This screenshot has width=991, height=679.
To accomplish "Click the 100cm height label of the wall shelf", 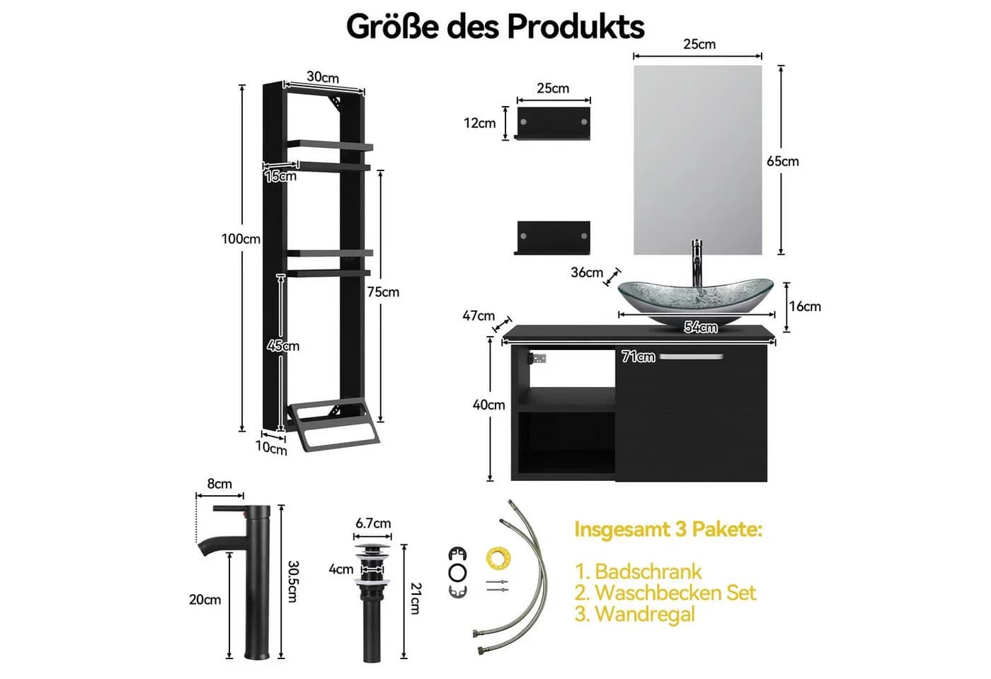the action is tap(241, 239).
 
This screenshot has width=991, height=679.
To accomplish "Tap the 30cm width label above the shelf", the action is tap(323, 77).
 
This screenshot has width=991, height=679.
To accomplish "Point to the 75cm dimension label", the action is tap(383, 292).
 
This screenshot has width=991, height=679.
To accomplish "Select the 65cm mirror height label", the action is tap(783, 161).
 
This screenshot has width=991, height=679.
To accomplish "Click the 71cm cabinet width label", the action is tap(638, 356).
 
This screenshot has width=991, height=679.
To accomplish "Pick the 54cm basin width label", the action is tap(701, 327).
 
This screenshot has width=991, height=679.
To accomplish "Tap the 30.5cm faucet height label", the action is tap(293, 581).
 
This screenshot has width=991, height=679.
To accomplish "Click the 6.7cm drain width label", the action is tap(373, 523).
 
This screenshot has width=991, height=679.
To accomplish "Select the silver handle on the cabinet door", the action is tap(692, 356).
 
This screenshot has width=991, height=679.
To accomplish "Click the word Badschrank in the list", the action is tap(648, 571).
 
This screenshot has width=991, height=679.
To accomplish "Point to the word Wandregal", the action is tap(645, 614).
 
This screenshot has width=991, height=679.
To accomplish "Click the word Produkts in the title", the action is tap(575, 27).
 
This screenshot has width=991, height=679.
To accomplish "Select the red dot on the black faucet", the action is tap(242, 514).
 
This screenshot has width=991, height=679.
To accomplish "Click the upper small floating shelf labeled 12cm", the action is tap(553, 123).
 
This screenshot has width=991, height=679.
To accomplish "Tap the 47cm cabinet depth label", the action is tap(479, 315).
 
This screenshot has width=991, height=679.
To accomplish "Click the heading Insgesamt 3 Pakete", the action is tap(668, 529).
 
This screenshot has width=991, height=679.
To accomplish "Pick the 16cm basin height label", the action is tap(806, 306).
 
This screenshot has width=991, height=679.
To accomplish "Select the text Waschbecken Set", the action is tap(665, 593).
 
